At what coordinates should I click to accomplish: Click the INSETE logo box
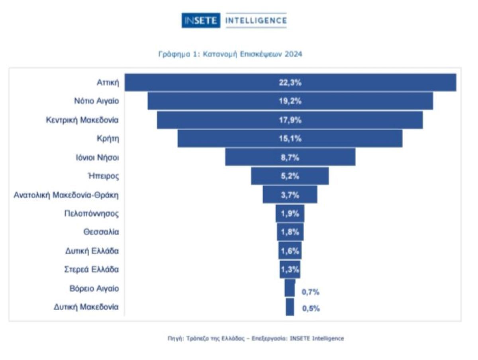(201, 21)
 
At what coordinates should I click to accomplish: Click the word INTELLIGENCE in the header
(255, 21)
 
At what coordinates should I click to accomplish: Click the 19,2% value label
(290, 101)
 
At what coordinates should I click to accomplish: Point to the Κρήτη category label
(108, 139)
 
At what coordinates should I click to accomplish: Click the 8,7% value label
(290, 157)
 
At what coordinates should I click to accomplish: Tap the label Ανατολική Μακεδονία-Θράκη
(66, 195)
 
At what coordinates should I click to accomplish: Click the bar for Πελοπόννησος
(290, 213)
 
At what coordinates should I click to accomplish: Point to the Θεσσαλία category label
(101, 232)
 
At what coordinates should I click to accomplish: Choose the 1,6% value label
(290, 251)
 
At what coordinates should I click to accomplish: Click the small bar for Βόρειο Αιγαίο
(290, 288)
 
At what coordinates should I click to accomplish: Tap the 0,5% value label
(311, 308)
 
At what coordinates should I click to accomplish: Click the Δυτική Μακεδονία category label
(86, 307)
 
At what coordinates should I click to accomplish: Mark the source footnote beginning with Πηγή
(255, 338)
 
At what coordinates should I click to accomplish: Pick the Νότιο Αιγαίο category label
(96, 101)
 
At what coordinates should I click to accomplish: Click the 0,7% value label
(311, 292)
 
